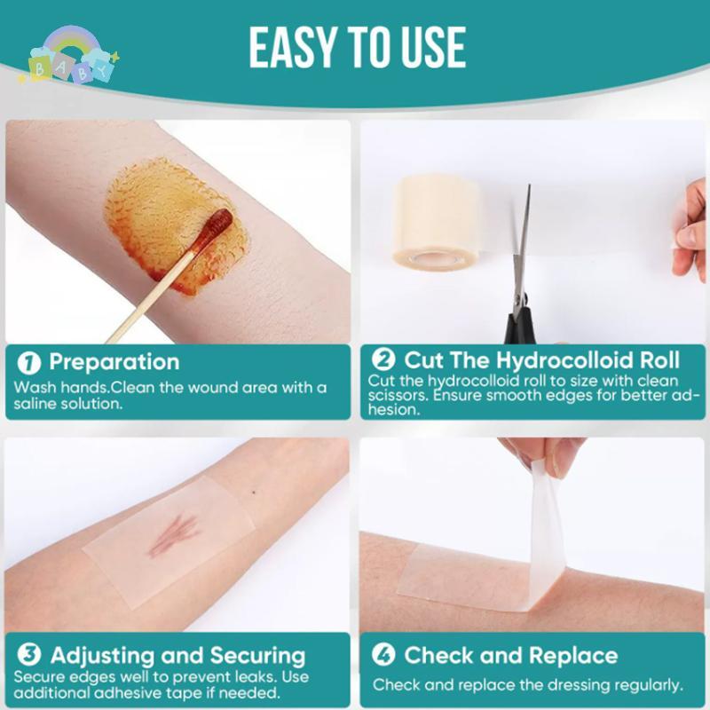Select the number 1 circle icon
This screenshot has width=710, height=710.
pos(30,363)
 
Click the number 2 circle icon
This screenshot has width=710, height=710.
pos(383,360)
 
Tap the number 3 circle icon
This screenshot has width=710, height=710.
pos(30,657)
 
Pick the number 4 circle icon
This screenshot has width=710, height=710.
pos(383,656)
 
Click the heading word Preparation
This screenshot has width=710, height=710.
pos(114,362)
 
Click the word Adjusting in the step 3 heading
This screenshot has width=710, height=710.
pos(101,657)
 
